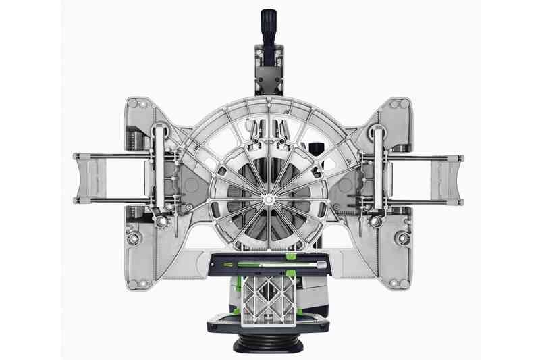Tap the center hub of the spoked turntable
click(x=269, y=199)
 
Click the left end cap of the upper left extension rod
click(x=77, y=159)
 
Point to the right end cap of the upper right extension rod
click(x=460, y=159)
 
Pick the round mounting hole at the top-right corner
click(x=403, y=105)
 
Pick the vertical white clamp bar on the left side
click(x=159, y=169)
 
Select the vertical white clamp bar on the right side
click(x=379, y=169)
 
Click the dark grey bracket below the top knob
click(x=269, y=68)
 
